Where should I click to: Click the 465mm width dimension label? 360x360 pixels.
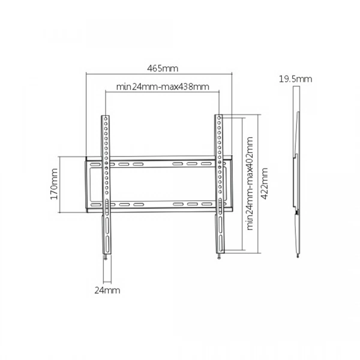[x=163, y=68]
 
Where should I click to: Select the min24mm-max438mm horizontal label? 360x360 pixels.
[x=163, y=87]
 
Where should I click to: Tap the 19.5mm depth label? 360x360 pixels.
[x=295, y=79]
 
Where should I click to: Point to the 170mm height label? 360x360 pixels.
[x=54, y=184]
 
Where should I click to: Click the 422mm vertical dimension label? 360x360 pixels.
[x=265, y=184]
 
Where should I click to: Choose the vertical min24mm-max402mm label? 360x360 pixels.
[x=250, y=184]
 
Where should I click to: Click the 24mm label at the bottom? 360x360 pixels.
[x=107, y=290]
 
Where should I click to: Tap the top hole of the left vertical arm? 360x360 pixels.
[x=106, y=119]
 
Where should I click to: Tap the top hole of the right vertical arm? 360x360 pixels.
[x=219, y=118]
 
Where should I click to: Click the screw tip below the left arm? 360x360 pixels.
[x=106, y=258]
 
